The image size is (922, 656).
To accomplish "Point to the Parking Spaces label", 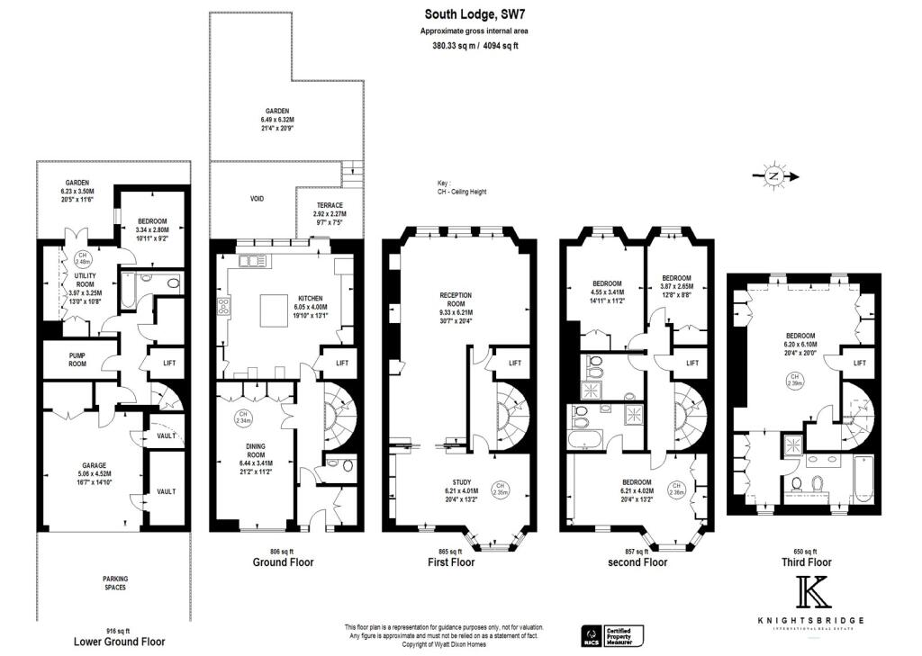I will (113, 582).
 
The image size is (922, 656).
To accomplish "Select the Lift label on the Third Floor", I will (860, 363).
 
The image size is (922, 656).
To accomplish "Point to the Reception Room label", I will (456, 300).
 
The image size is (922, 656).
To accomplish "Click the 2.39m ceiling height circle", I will (794, 380).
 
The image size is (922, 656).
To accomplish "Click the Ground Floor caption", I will (284, 562).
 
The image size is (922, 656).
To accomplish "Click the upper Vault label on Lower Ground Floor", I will (166, 436).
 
